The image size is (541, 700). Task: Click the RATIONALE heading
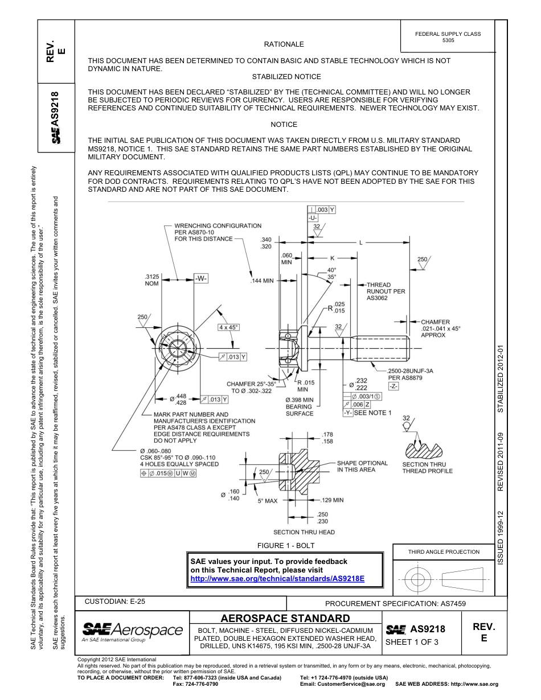click(x=284, y=44)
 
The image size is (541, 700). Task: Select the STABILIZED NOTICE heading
click(x=286, y=76)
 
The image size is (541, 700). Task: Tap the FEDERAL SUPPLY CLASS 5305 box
click(x=448, y=38)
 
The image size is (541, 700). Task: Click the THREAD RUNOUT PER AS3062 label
click(x=386, y=291)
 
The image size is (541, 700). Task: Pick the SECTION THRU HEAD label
click(x=304, y=532)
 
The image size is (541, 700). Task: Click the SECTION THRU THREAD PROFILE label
click(x=427, y=467)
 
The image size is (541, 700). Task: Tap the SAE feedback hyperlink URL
click(x=277, y=578)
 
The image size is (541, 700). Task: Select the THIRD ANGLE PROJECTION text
click(x=444, y=551)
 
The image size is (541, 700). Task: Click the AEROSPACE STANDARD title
click(x=285, y=618)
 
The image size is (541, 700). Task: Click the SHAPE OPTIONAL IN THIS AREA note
click(x=362, y=466)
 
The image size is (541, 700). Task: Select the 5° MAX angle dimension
click(x=267, y=501)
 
